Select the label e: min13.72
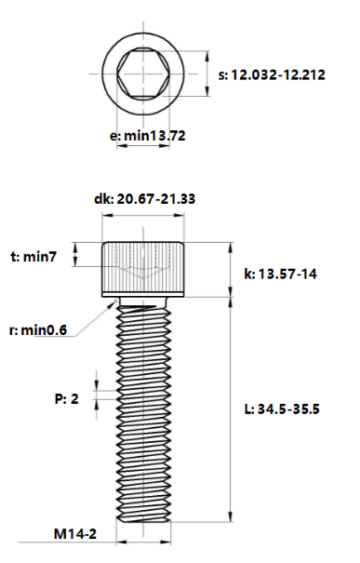tap(148, 135)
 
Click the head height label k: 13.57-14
tap(279, 275)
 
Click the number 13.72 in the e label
tap(167, 135)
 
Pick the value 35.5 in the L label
tap(307, 409)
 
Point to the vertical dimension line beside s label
tap(205, 73)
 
